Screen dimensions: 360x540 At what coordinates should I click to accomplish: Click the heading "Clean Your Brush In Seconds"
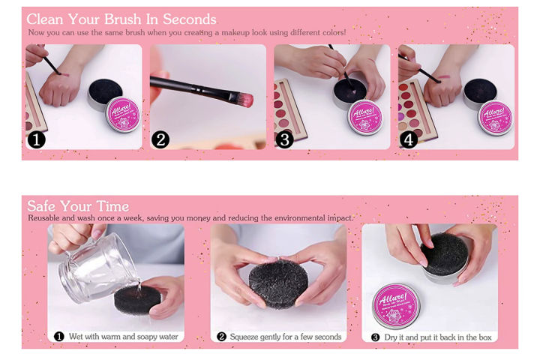pyautogui.click(x=121, y=19)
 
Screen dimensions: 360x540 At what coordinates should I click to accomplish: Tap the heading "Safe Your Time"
pyautogui.click(x=78, y=206)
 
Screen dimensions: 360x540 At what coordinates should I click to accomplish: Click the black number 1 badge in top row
pyautogui.click(x=37, y=139)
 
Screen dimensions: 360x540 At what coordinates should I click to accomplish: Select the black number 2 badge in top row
pyautogui.click(x=160, y=139)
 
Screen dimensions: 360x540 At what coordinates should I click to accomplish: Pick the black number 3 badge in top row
pyautogui.click(x=285, y=139)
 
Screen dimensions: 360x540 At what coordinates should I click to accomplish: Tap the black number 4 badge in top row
pyautogui.click(x=409, y=139)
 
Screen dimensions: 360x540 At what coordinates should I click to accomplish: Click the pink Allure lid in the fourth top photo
pyautogui.click(x=494, y=116)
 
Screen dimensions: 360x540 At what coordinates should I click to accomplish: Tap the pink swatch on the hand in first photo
pyautogui.click(x=63, y=76)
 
